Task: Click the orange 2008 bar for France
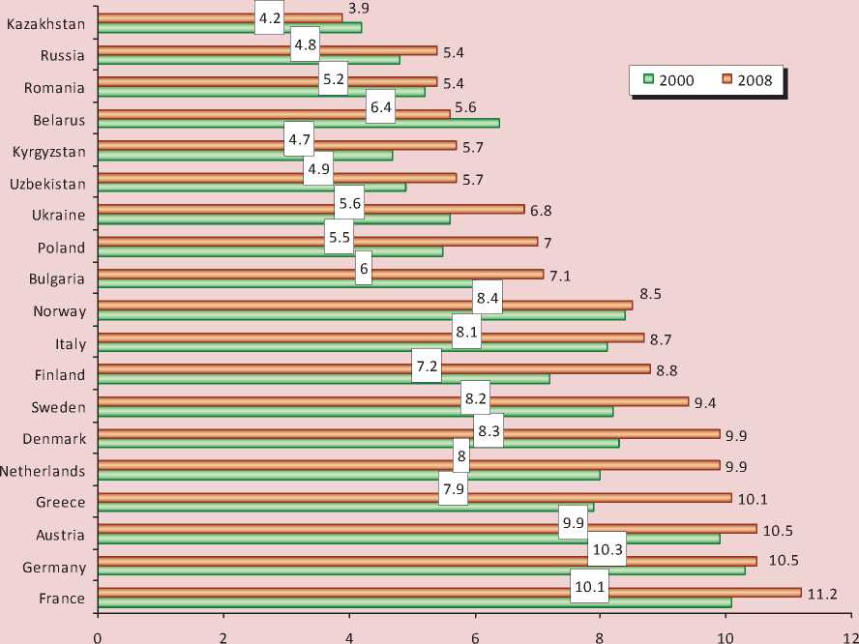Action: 450,592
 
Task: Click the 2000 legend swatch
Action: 649,80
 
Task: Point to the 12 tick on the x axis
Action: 850,635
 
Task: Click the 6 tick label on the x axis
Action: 475,635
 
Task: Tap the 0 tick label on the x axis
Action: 98,635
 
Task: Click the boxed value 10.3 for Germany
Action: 607,548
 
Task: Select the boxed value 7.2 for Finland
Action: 427,366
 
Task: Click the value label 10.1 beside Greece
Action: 751,499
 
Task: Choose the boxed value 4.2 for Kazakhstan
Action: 270,16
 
